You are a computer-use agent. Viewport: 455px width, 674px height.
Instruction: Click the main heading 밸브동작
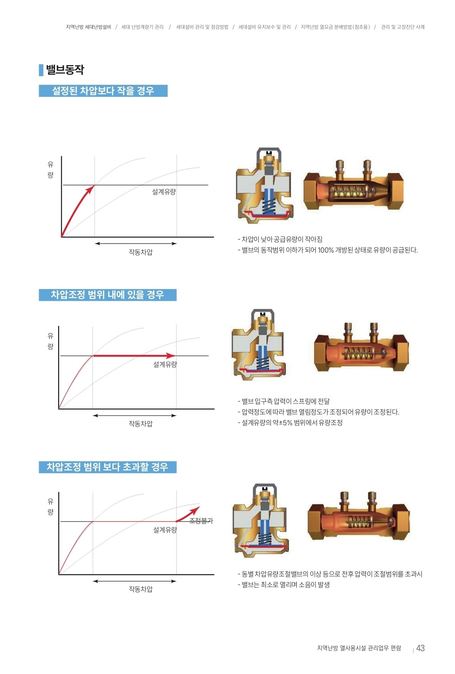pos(65,70)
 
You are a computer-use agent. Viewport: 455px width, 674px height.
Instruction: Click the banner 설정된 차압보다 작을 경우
pos(103,91)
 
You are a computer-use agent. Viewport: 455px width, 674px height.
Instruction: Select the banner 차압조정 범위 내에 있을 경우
pos(108,295)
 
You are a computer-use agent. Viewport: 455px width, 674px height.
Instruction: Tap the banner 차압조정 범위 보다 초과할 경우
pos(108,467)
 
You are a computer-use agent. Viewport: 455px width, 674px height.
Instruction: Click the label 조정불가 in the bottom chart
pos(201,521)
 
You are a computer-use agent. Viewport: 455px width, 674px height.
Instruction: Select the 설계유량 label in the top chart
pos(164,192)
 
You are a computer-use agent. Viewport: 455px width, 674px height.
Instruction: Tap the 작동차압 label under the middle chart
pos(141,423)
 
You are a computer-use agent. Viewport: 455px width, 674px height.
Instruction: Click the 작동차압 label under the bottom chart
pos(141,589)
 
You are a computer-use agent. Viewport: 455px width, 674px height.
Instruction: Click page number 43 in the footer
pos(420,648)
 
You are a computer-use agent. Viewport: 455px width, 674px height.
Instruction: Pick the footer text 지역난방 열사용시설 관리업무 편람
pos(359,648)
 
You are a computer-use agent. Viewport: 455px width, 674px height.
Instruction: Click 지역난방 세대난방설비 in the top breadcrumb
pos(89,27)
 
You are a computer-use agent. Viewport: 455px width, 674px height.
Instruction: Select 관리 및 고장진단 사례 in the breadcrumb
pos(403,27)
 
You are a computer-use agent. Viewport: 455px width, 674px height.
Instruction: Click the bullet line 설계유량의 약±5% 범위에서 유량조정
pos(290,423)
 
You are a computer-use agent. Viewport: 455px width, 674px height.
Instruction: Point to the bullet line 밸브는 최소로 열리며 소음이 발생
pos(284,585)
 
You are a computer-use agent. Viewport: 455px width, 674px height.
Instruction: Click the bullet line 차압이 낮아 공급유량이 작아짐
pos(280,239)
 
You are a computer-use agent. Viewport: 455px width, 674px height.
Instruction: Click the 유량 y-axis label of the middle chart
pos(51,341)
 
